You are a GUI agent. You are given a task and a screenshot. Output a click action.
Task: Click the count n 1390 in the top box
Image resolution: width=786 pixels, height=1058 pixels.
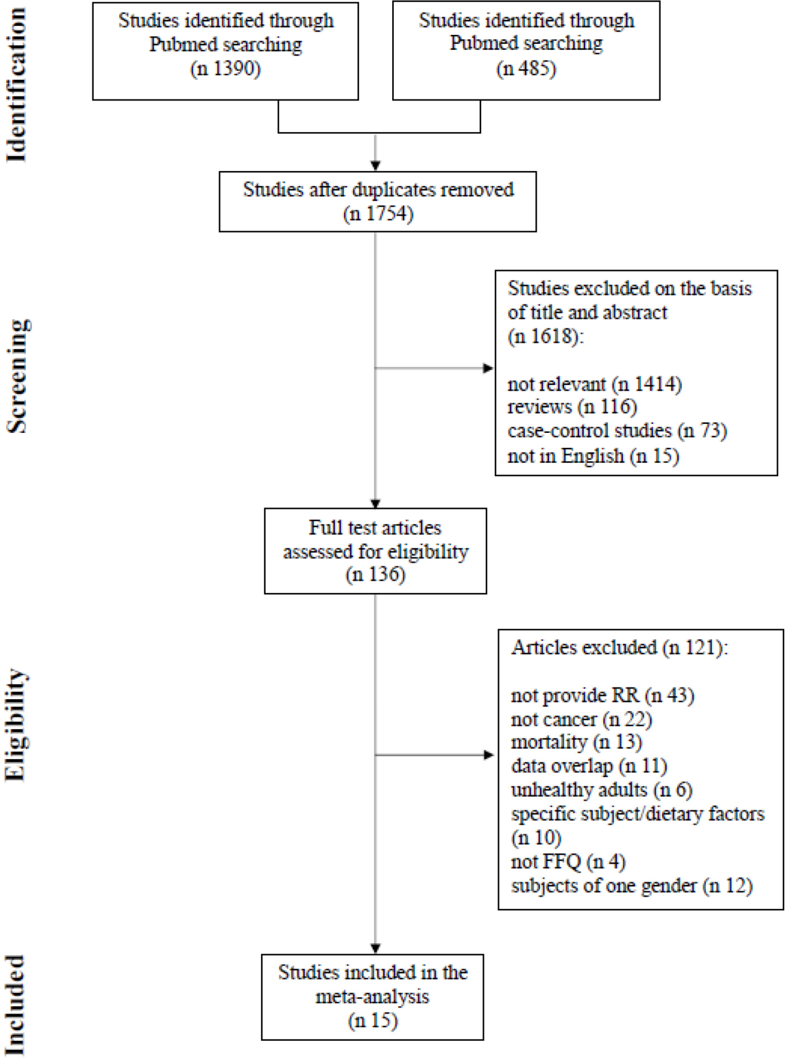(225, 69)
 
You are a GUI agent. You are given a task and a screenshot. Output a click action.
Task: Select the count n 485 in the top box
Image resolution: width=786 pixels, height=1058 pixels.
(526, 69)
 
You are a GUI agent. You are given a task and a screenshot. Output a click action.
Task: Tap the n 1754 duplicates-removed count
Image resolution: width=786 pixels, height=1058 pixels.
(378, 214)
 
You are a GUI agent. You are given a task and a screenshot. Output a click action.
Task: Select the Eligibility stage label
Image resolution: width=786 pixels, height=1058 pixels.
(17, 725)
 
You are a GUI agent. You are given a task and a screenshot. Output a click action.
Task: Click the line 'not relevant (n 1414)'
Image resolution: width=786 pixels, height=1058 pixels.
(595, 384)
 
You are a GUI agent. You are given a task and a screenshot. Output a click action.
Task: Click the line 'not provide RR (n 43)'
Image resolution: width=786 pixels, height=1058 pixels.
(603, 695)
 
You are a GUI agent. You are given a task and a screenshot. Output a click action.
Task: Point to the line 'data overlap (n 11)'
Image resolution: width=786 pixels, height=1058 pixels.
(589, 766)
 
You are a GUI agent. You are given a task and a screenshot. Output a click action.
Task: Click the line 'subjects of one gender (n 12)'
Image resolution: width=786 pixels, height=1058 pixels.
(632, 886)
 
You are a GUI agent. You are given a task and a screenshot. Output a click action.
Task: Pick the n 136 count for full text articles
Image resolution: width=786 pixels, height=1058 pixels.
(376, 575)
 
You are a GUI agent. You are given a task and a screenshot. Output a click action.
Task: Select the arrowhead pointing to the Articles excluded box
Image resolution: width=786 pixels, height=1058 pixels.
(489, 755)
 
